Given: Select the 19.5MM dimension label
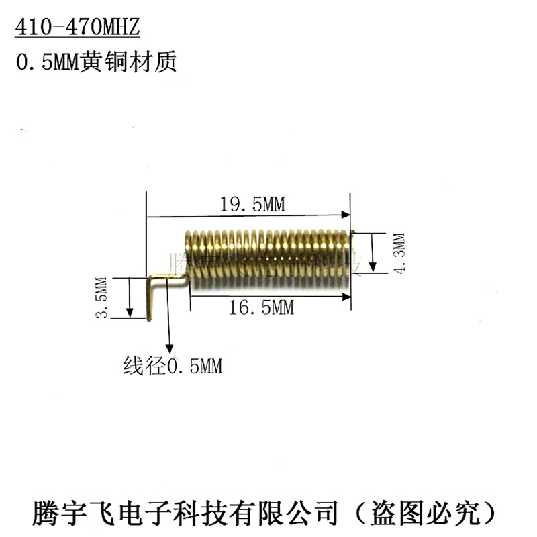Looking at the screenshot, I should tap(252, 205).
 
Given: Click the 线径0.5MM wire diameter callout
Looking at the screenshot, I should tap(173, 367).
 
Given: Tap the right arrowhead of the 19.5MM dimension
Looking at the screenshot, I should tap(346, 215).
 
